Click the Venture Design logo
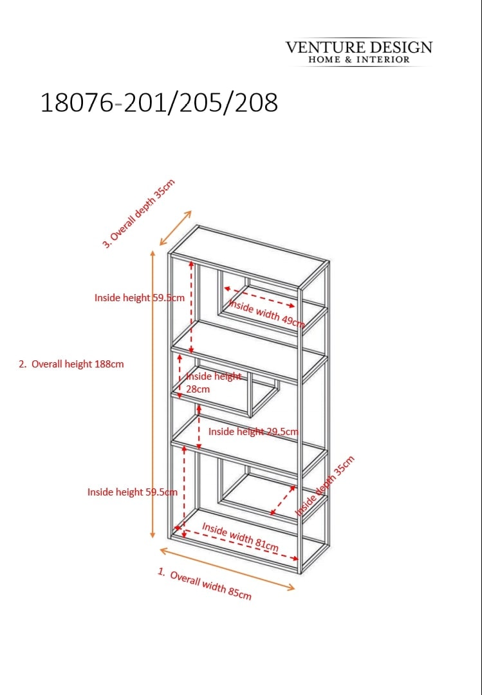(358, 52)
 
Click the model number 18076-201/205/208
(159, 103)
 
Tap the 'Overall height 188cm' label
(71, 364)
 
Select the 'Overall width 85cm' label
(205, 584)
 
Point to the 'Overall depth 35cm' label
(139, 213)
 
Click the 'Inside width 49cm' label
(266, 313)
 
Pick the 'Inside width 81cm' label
(240, 537)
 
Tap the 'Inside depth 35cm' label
(326, 486)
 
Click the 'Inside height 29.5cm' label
(253, 431)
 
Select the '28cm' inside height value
(198, 389)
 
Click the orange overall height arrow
(153, 394)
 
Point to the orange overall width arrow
(227, 570)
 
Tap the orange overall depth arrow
(176, 228)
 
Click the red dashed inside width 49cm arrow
(259, 297)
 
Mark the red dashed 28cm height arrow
(180, 376)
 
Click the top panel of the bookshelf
(249, 257)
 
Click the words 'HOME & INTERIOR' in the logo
(359, 59)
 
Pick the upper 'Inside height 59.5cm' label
(139, 298)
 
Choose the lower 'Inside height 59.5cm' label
(132, 492)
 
